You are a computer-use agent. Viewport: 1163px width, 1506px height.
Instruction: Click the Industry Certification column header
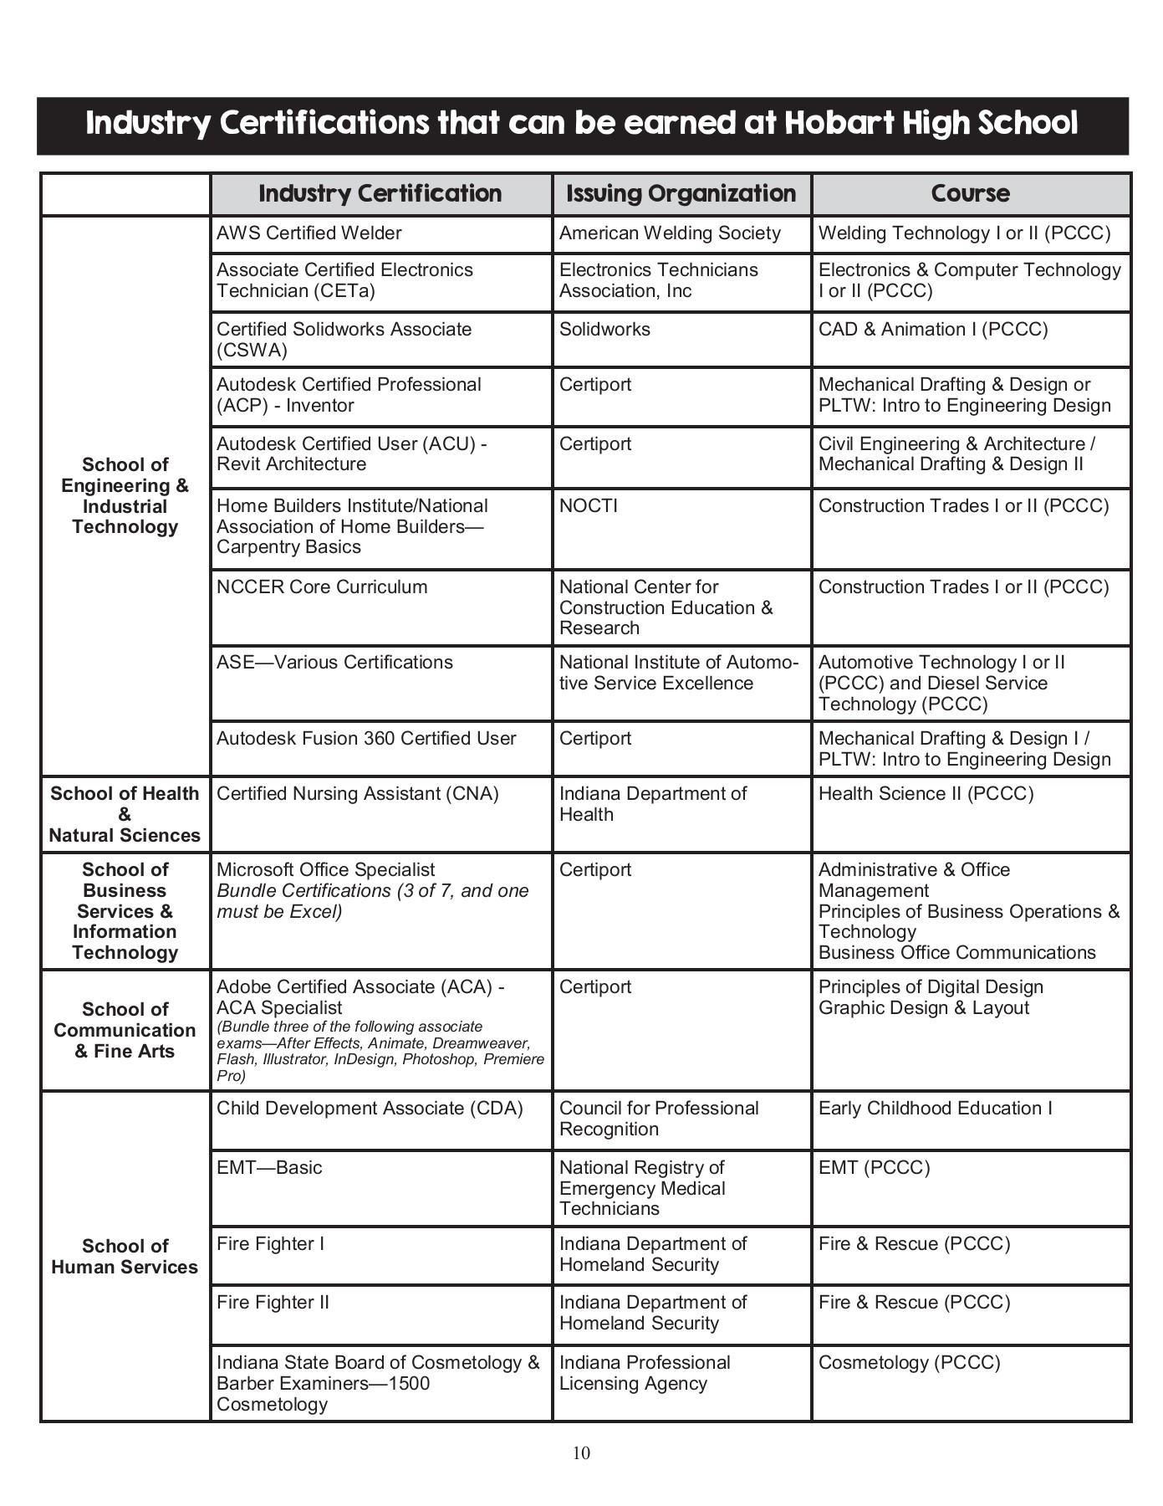point(380,194)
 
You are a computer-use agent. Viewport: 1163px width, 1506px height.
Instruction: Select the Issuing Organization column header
point(681,194)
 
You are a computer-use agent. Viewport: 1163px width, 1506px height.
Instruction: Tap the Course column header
point(970,194)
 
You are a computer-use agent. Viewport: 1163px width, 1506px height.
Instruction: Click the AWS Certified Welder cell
point(309,233)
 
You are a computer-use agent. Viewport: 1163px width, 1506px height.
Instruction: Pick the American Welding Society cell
point(670,233)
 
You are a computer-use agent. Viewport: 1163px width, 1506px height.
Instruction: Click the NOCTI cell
point(589,506)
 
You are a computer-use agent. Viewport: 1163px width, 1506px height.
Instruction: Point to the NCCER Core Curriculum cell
point(322,587)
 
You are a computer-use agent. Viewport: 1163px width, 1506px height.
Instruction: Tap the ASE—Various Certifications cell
point(334,663)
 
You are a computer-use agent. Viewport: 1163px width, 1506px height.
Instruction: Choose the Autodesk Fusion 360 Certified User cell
point(366,739)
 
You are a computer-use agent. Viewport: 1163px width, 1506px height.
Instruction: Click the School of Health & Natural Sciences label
point(125,814)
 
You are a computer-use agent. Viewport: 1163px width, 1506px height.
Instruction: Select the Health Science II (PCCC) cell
point(926,794)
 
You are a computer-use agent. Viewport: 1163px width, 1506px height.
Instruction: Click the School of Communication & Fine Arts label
point(125,1030)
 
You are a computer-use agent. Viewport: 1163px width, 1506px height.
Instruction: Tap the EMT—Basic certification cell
point(269,1168)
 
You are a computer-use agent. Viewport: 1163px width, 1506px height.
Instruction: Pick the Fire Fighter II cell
point(273,1303)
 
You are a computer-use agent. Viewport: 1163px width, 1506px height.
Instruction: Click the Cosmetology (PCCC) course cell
point(909,1363)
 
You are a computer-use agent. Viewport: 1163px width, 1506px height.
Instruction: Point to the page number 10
point(581,1453)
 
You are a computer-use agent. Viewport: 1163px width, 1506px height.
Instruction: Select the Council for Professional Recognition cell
point(659,1119)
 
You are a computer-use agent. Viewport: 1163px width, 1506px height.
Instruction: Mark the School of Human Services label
point(125,1257)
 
